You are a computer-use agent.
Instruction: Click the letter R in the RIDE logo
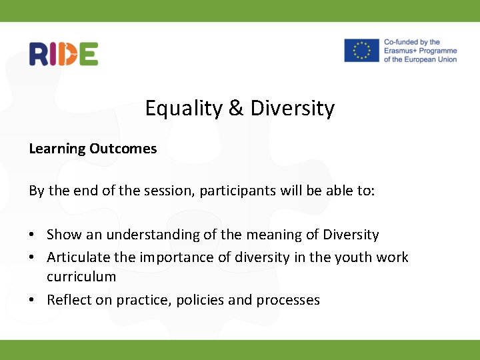38,54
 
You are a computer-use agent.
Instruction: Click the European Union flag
361,51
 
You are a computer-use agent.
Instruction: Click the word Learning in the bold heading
57,149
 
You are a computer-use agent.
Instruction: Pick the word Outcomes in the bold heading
123,149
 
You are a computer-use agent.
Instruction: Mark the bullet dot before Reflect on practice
33,301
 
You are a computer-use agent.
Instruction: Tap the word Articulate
75,257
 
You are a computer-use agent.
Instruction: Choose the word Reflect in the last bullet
68,300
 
